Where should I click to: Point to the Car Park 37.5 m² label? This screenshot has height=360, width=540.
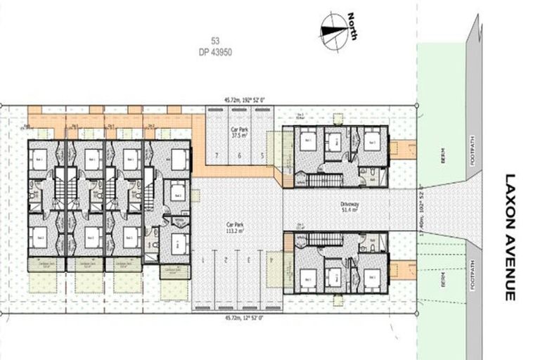[239, 134]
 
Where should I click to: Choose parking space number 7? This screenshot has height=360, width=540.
[217, 155]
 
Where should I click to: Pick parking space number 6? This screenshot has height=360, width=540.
[239, 155]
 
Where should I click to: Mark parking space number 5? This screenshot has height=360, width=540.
[262, 155]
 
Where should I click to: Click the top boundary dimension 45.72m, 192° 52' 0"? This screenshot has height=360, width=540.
[240, 101]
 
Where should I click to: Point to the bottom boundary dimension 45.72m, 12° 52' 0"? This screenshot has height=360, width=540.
[240, 317]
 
